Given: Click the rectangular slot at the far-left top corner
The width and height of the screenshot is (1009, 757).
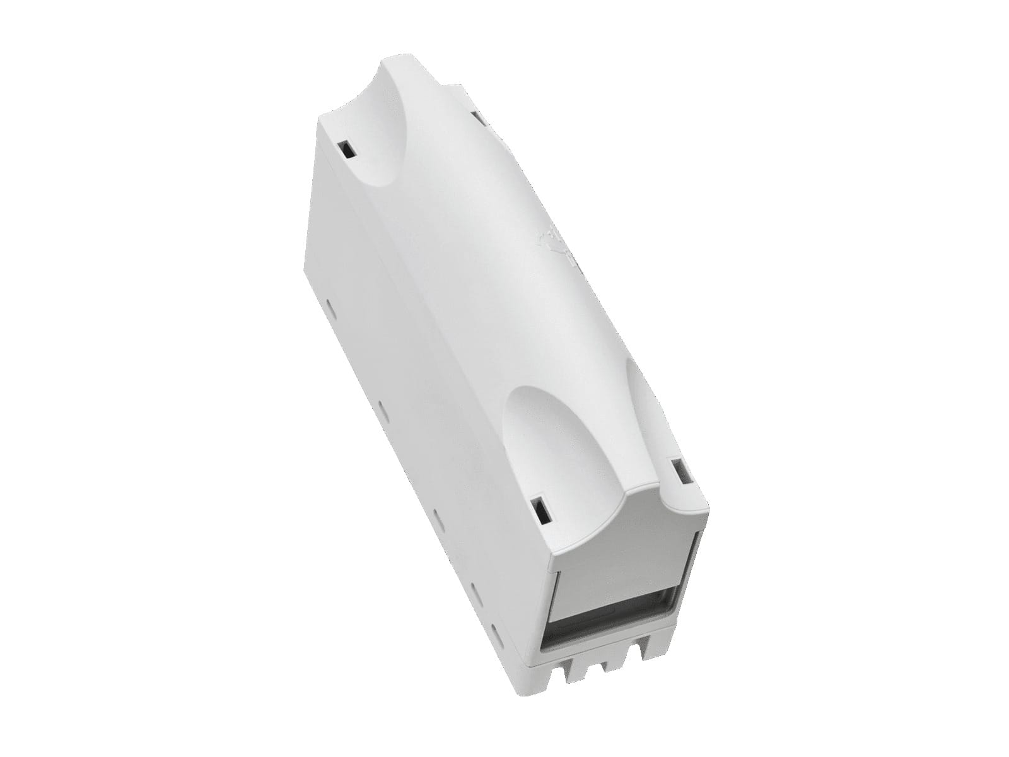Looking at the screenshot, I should tap(346, 150).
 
